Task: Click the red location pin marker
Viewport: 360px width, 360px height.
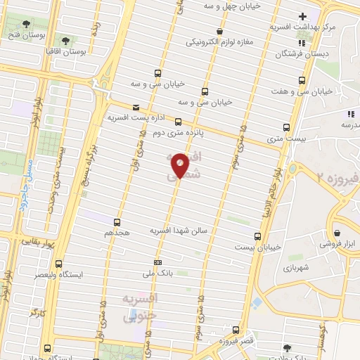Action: [181, 165]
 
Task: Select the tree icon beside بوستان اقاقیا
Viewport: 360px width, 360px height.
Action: [67, 41]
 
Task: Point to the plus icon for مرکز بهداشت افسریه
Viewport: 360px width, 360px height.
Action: [303, 16]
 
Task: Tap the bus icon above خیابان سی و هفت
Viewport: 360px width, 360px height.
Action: [302, 80]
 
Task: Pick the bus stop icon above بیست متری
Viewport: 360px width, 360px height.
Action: [286, 127]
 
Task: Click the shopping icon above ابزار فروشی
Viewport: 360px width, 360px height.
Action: [338, 233]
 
